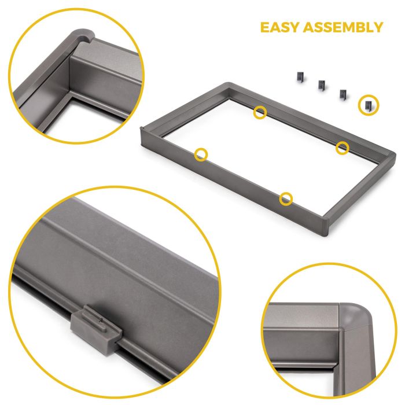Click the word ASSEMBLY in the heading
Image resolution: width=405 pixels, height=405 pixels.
[346, 27]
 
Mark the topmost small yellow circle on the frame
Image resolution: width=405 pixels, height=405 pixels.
[260, 112]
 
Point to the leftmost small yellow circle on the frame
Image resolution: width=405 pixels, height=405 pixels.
[201, 154]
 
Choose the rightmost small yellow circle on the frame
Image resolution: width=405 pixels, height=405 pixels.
[343, 148]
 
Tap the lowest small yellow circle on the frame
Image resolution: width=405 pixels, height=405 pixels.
[286, 199]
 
